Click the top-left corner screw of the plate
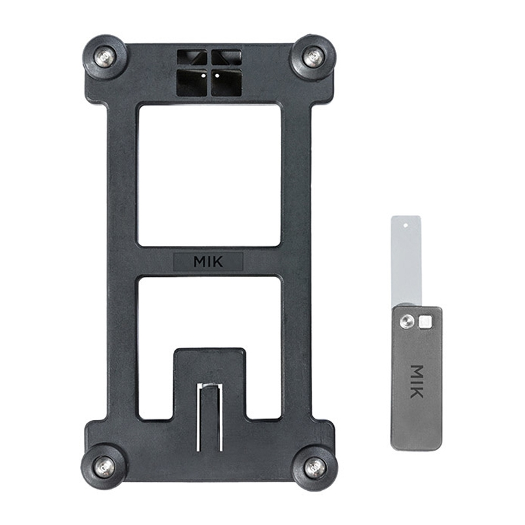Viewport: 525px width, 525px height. tap(105, 58)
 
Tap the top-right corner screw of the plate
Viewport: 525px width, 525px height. tap(313, 57)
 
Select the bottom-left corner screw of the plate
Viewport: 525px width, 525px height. tap(104, 467)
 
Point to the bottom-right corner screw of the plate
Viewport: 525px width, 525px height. tap(314, 467)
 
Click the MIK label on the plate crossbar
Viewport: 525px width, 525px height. tap(208, 261)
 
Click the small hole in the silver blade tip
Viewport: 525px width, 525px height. tap(406, 224)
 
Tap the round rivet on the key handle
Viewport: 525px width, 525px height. tap(408, 321)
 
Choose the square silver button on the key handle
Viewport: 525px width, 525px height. tap(425, 321)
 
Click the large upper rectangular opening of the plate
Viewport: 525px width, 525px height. tap(209, 175)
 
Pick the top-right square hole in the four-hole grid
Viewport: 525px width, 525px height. tap(225, 58)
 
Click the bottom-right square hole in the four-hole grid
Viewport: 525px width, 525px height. tap(226, 83)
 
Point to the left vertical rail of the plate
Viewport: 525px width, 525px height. tap(122, 262)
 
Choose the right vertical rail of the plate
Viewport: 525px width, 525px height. tap(297, 262)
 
